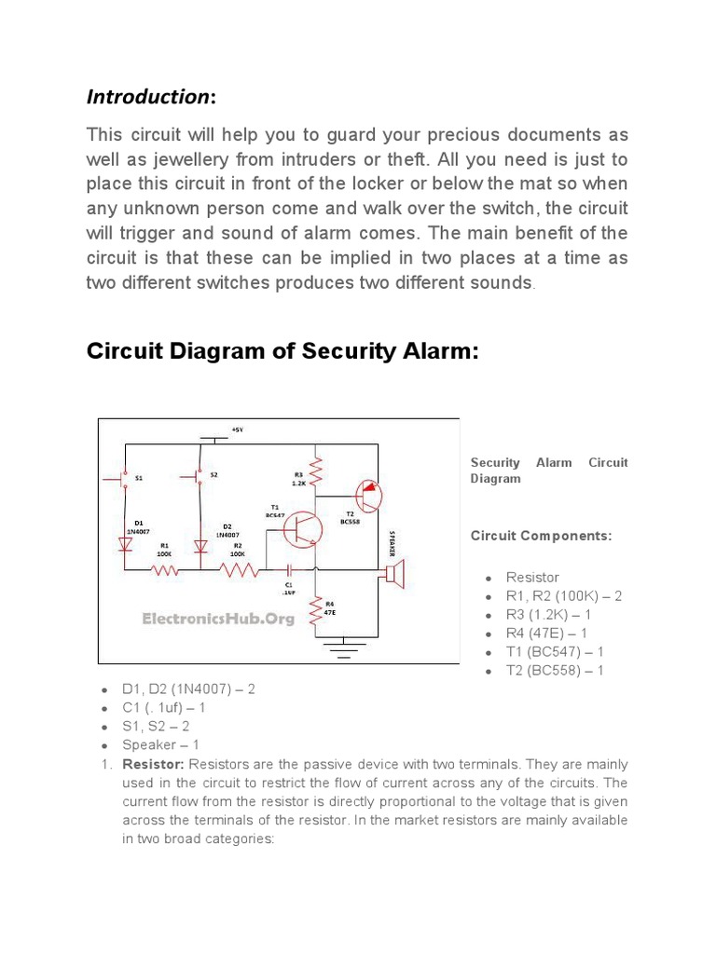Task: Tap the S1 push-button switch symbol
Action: coord(122,478)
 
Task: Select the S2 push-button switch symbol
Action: coord(197,476)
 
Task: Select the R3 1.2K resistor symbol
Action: coord(318,471)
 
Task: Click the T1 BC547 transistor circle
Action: coord(303,529)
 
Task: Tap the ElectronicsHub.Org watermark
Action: coord(217,618)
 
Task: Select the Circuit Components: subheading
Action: coord(541,537)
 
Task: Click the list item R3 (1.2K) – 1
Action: coord(548,615)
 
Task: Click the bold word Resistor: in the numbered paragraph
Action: coord(153,764)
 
